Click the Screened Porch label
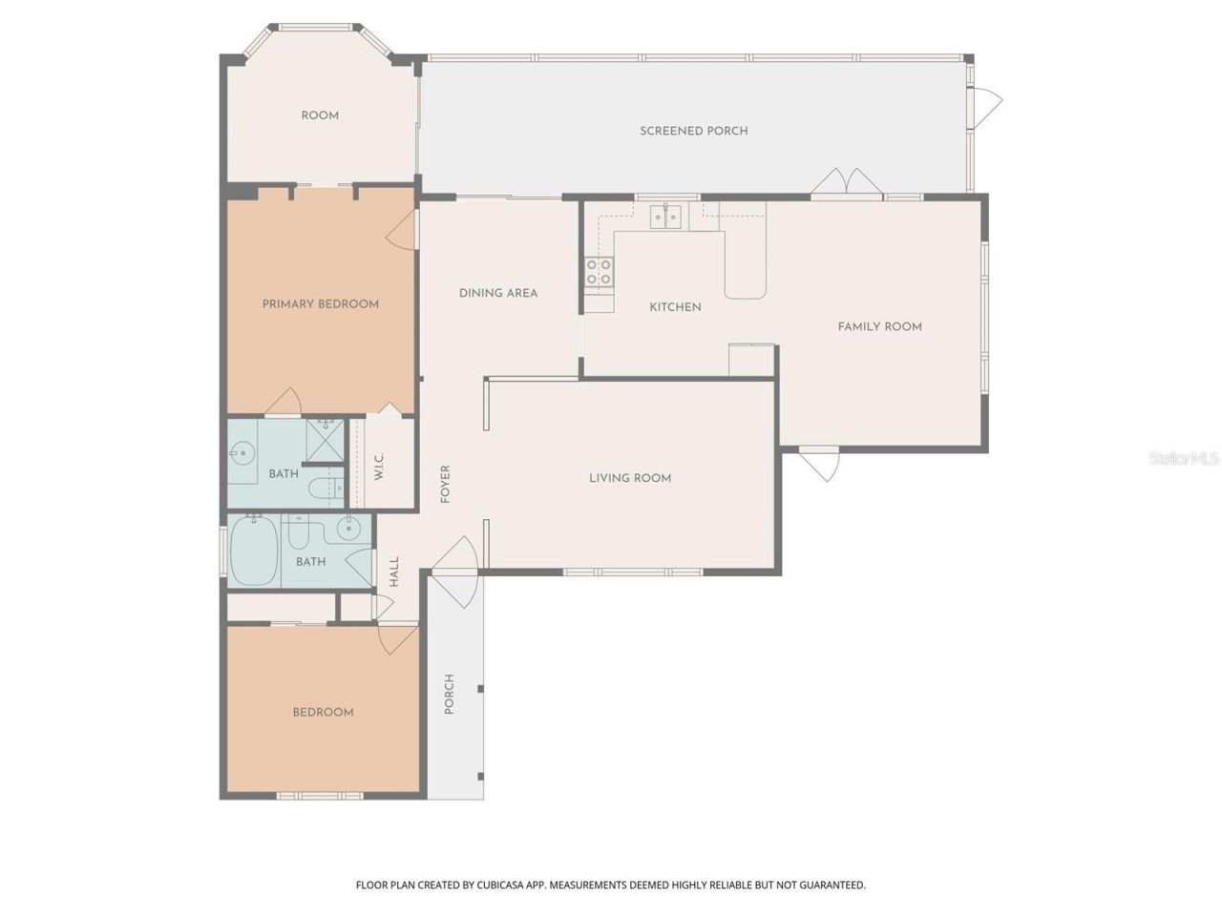[693, 131]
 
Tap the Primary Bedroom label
[321, 304]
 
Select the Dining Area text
[497, 293]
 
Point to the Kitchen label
[675, 307]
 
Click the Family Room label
[879, 326]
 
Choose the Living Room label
[629, 478]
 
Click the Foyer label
[445, 485]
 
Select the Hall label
[394, 572]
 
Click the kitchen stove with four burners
[599, 272]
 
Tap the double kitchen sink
[664, 217]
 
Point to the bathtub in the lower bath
[253, 552]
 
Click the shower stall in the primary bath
[326, 440]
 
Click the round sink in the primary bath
[242, 453]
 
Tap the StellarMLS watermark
[1184, 459]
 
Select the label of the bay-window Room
[320, 115]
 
